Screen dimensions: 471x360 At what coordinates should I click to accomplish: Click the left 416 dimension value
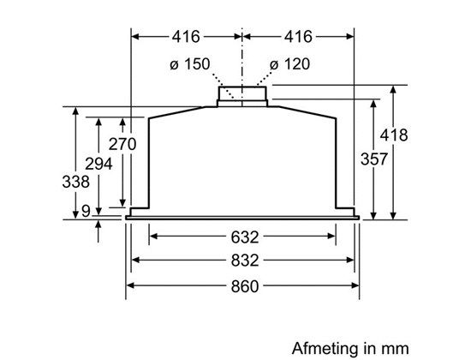(186, 37)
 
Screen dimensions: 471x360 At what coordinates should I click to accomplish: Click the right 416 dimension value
(298, 37)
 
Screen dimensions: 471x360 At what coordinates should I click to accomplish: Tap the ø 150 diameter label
(190, 64)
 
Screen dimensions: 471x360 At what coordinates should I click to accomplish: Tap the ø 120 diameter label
(289, 64)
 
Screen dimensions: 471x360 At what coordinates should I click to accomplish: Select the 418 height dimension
(394, 135)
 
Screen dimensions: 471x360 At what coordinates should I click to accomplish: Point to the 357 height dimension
(374, 159)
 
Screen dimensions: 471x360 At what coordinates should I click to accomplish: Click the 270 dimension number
(122, 144)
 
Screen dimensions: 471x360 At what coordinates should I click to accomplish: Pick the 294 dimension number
(98, 164)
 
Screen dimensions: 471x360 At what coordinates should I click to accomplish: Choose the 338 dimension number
(75, 182)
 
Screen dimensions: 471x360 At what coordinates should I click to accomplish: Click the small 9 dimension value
(86, 211)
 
